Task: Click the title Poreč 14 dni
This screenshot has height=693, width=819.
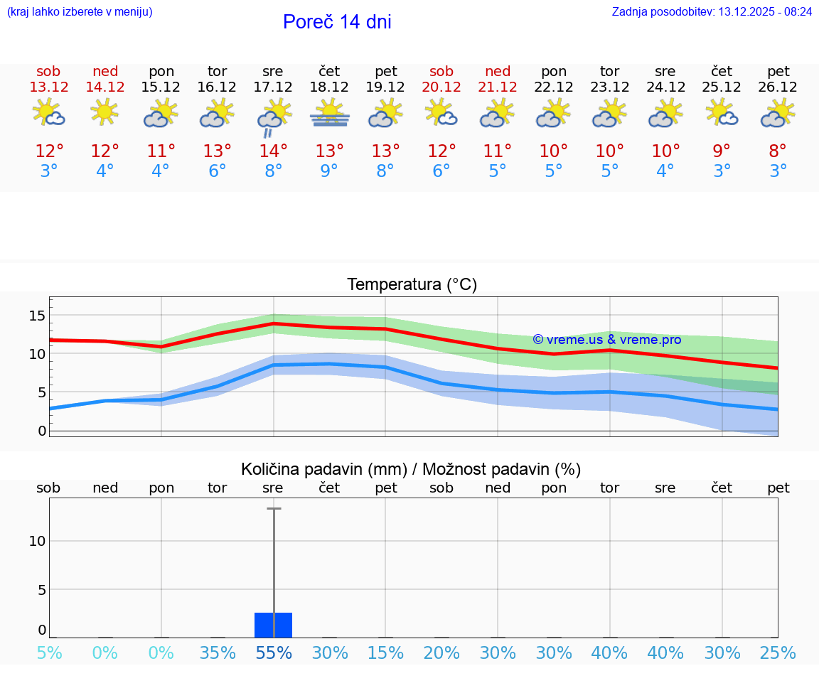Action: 337,22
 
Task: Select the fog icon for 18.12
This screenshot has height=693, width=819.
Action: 329,114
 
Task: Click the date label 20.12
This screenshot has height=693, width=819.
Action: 441,87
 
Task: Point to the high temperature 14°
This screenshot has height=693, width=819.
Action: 273,151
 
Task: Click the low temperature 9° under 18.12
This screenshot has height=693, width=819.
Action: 329,171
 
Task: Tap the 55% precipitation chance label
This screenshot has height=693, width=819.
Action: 274,652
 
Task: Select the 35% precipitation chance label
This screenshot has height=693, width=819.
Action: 218,652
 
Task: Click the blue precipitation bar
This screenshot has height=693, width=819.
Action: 273,625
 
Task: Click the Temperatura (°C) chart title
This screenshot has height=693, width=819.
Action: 412,285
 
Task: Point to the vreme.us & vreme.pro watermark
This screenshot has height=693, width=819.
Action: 606,340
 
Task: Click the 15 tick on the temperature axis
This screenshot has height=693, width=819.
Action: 37,315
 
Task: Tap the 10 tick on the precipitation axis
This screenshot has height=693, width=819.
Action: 37,541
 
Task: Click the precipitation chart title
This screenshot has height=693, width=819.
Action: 411,469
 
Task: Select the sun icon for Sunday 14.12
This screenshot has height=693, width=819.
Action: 105,112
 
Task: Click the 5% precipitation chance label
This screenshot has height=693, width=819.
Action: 48,652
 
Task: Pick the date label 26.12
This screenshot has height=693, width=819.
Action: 778,87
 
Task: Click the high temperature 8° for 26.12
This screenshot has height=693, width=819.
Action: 778,151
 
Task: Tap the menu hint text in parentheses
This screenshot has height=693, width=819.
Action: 80,12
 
